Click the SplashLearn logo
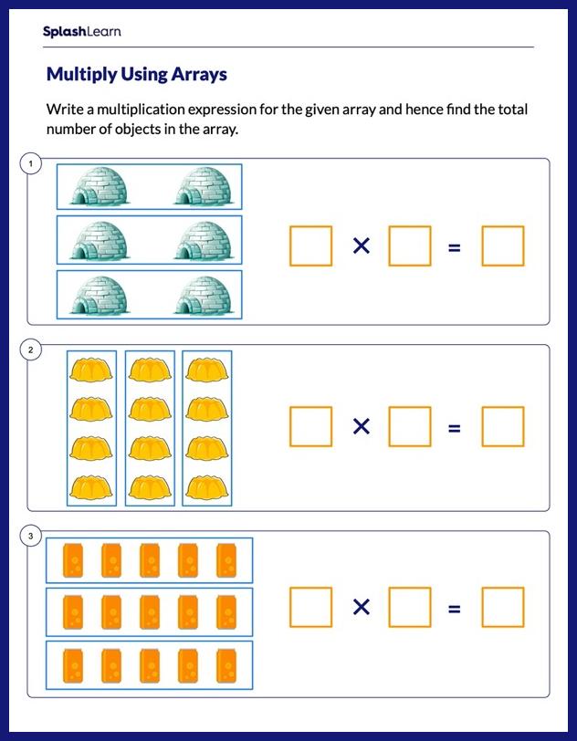pos(81,32)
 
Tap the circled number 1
pos(31,163)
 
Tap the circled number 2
pos(31,350)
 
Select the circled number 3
pos(31,537)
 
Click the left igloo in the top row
pos(100,187)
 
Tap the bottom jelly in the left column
pos(91,488)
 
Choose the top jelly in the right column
pos(206,370)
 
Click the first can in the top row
pos(74,560)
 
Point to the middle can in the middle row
pos(150,611)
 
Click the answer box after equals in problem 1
pos(503,246)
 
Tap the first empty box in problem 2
pos(310,426)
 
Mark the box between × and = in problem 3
pos(409,607)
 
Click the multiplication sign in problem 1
pos(362,245)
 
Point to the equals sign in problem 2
pos(455,427)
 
